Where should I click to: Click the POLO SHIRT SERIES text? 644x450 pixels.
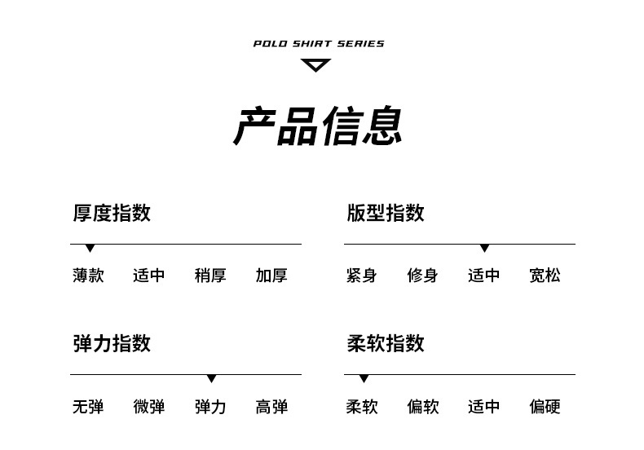coord(319,43)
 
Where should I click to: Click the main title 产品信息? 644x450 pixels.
coord(318,126)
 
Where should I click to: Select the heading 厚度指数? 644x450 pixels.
coord(112,213)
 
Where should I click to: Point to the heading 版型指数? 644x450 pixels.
coord(386,213)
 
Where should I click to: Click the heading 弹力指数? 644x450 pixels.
coord(112,343)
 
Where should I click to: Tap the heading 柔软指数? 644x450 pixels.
coord(386,343)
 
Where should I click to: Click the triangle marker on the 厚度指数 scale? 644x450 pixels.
coord(90,248)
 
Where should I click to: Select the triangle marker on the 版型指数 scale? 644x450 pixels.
coord(485,248)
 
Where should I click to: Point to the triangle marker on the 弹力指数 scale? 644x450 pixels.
coord(211,378)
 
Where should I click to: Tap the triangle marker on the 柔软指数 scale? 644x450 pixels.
coord(364,378)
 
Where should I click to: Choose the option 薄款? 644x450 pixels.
coord(88,275)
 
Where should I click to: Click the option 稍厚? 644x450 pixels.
coord(210,275)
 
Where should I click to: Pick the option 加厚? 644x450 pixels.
coord(271,275)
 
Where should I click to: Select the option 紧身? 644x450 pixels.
coord(361,275)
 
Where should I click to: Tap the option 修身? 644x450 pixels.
coord(422,275)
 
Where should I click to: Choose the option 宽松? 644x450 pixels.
coord(545,275)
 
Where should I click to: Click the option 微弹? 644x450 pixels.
coord(149,407)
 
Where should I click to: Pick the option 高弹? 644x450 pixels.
coord(271,407)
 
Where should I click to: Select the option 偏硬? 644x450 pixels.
coord(545,407)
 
